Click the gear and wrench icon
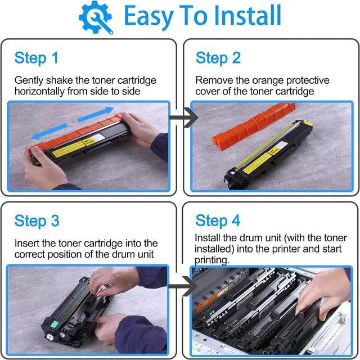click(x=96, y=17)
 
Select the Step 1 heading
click(x=36, y=58)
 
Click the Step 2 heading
click(x=218, y=58)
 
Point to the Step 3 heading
click(x=37, y=221)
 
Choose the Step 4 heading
click(x=218, y=220)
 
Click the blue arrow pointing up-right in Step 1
click(x=96, y=114)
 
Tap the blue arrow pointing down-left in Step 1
click(x=49, y=132)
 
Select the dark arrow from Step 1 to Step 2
click(x=184, y=118)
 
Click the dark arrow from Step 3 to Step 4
click(x=183, y=286)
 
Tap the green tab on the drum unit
click(x=55, y=325)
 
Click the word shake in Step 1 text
click(x=59, y=80)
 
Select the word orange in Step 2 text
click(x=262, y=81)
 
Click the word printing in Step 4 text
click(x=212, y=260)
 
